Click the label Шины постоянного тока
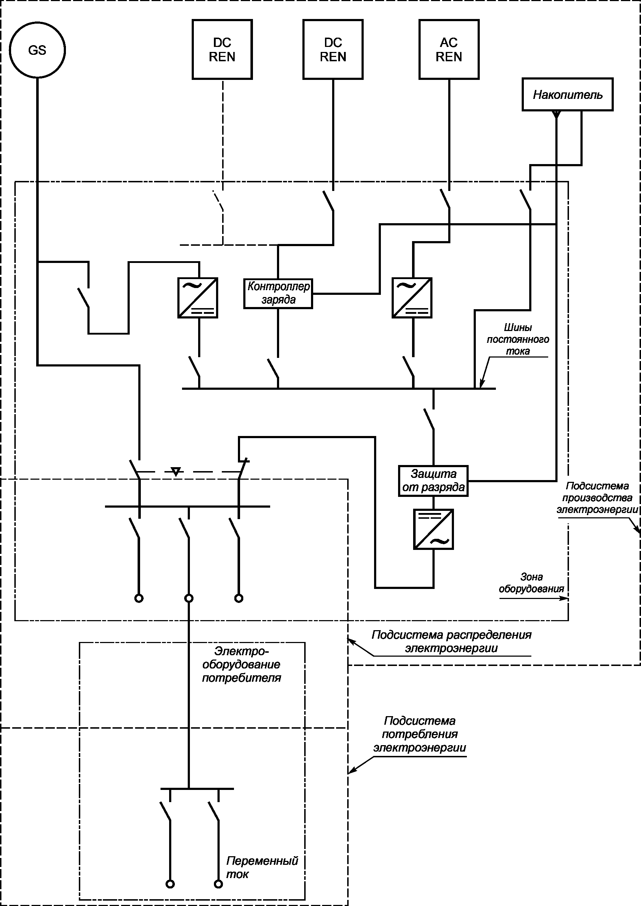[x=518, y=339]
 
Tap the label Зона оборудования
[x=531, y=583]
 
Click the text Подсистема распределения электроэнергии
[x=451, y=641]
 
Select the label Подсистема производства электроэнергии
[x=597, y=498]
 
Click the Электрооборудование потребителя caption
[x=241, y=664]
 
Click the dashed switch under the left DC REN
[x=218, y=201]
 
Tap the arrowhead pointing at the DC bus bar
[x=482, y=384]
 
